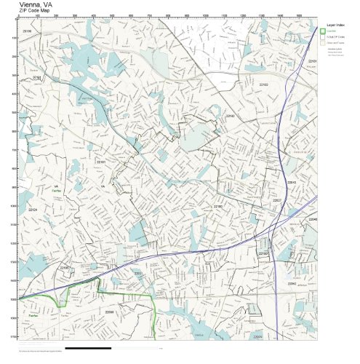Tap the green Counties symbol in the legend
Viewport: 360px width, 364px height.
[323, 31]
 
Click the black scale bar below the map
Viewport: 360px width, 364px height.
[87, 349]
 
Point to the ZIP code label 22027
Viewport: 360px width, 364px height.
[276, 199]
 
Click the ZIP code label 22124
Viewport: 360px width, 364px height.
[32, 210]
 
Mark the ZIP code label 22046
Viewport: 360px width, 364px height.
[312, 219]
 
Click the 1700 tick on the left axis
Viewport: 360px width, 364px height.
[15, 337]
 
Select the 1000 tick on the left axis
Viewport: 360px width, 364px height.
[15, 206]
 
